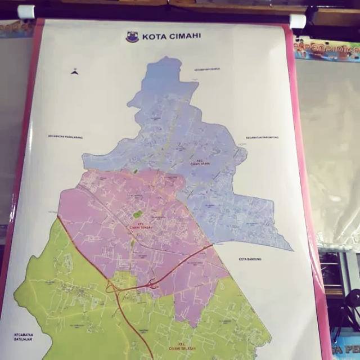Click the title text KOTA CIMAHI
(x=164, y=37)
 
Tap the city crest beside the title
(x=133, y=37)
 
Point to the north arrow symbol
(x=74, y=71)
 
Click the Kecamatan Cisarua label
(x=207, y=69)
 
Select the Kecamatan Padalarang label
(x=65, y=137)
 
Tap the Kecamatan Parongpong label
(x=262, y=137)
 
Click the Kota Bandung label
(x=250, y=259)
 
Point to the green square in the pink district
(x=137, y=214)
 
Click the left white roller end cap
(x=26, y=12)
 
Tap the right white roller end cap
(x=298, y=21)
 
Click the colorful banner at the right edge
(x=326, y=49)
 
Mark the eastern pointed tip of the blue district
(x=292, y=250)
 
